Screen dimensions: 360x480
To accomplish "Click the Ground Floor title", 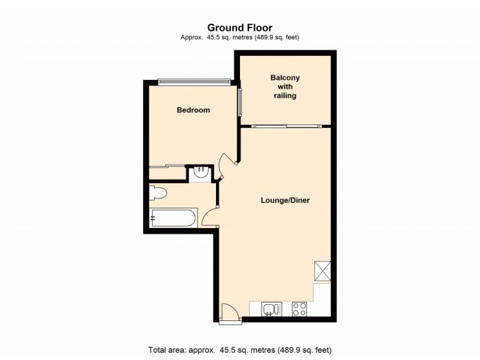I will click(240, 27).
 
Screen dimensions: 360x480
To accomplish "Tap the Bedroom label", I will click(193, 110).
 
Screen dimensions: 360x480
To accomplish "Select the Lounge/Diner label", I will click(284, 200).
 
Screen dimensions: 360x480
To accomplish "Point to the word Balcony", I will click(285, 78).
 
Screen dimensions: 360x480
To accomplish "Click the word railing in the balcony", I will click(285, 95).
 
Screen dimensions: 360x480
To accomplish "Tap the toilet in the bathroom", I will click(158, 194).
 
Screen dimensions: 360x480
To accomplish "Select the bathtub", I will click(173, 218).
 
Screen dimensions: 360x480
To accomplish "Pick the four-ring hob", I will click(299, 309).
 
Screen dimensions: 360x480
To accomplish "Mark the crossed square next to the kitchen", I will click(323, 271).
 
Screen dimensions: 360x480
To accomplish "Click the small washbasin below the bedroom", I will click(200, 173).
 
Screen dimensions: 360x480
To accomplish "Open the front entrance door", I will click(229, 313).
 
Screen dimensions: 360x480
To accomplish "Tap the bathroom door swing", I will click(211, 217).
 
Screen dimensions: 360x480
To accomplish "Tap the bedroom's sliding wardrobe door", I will click(167, 166).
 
